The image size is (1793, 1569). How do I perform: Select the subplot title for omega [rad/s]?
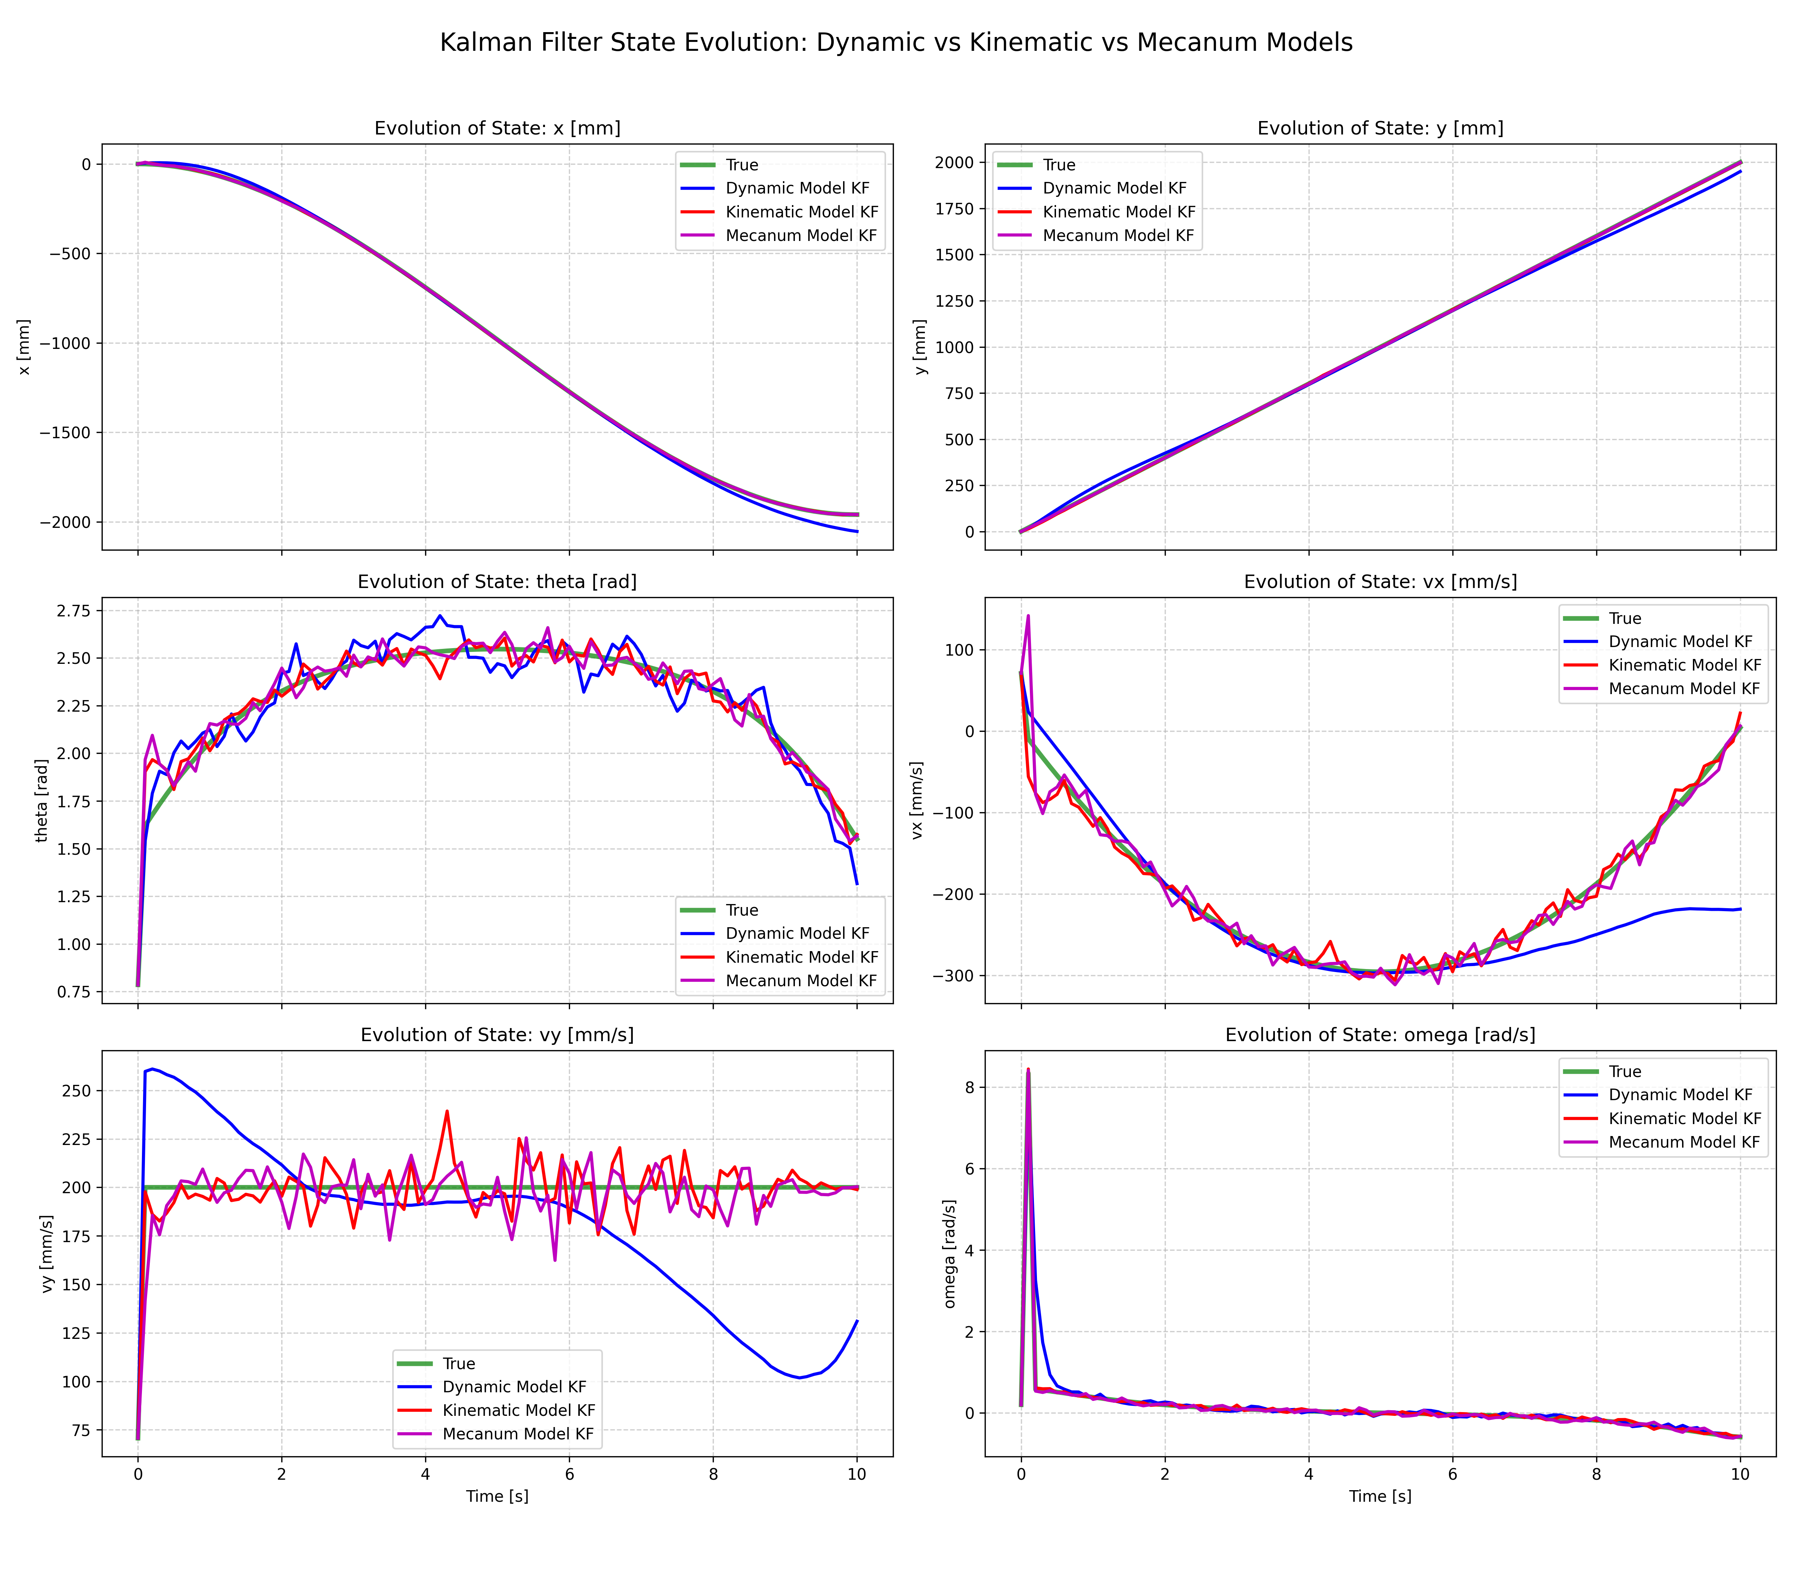[x=1380, y=1035]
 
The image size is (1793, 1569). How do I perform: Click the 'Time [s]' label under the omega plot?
[x=1380, y=1496]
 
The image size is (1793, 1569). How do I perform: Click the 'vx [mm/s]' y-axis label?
[x=917, y=800]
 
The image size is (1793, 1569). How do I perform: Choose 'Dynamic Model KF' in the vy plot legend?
[x=514, y=1387]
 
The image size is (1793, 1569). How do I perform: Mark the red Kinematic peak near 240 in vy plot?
[x=448, y=1112]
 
